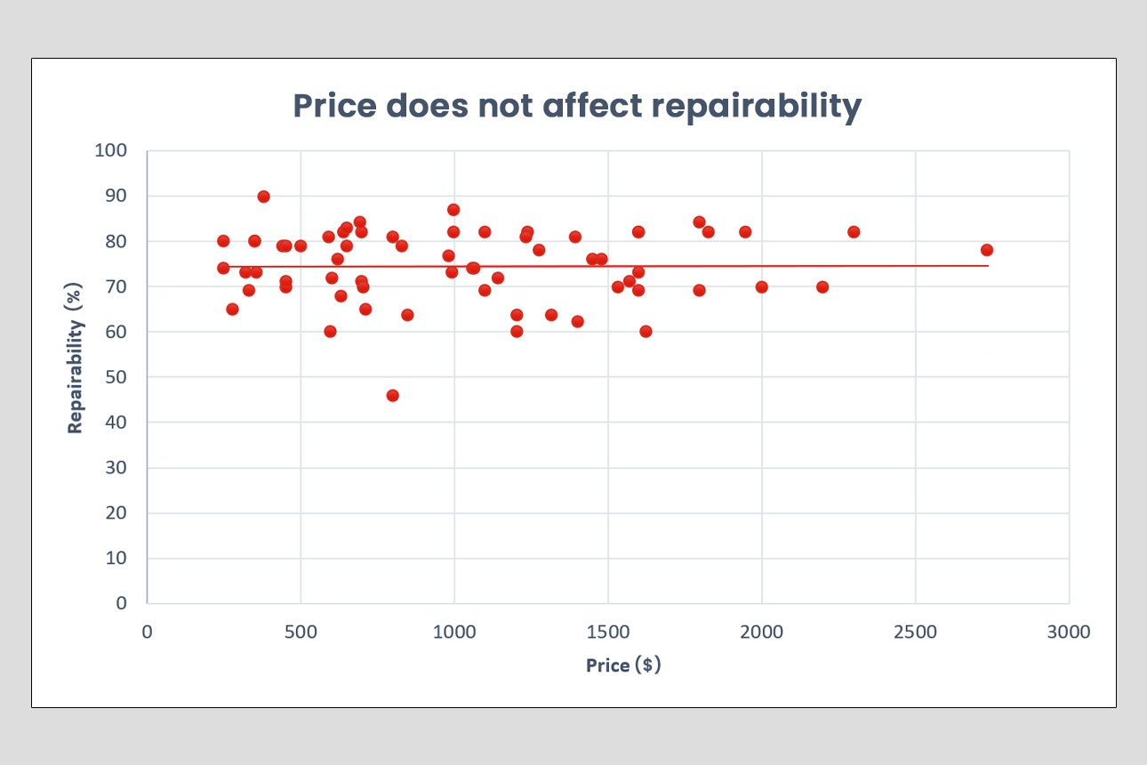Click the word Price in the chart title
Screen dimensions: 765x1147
(333, 107)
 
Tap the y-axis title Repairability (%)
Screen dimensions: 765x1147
(76, 365)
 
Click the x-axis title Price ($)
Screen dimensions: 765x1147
(623, 664)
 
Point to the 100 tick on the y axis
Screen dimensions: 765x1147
(111, 150)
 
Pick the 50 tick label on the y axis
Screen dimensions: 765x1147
(116, 377)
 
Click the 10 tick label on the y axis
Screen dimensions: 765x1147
(116, 558)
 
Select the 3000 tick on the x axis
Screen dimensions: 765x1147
(1068, 632)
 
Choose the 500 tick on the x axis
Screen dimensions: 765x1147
(301, 632)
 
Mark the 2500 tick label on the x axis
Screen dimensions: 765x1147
(915, 632)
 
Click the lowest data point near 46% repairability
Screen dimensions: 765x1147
(392, 395)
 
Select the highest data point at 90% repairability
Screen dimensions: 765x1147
(263, 197)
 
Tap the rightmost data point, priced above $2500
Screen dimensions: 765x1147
(986, 250)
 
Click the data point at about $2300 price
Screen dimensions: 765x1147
(854, 232)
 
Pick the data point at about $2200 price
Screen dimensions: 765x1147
(822, 286)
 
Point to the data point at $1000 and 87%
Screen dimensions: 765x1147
(453, 210)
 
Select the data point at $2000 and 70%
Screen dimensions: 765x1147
(761, 286)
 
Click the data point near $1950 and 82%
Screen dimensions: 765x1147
(745, 232)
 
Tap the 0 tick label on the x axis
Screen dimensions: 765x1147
(148, 632)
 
